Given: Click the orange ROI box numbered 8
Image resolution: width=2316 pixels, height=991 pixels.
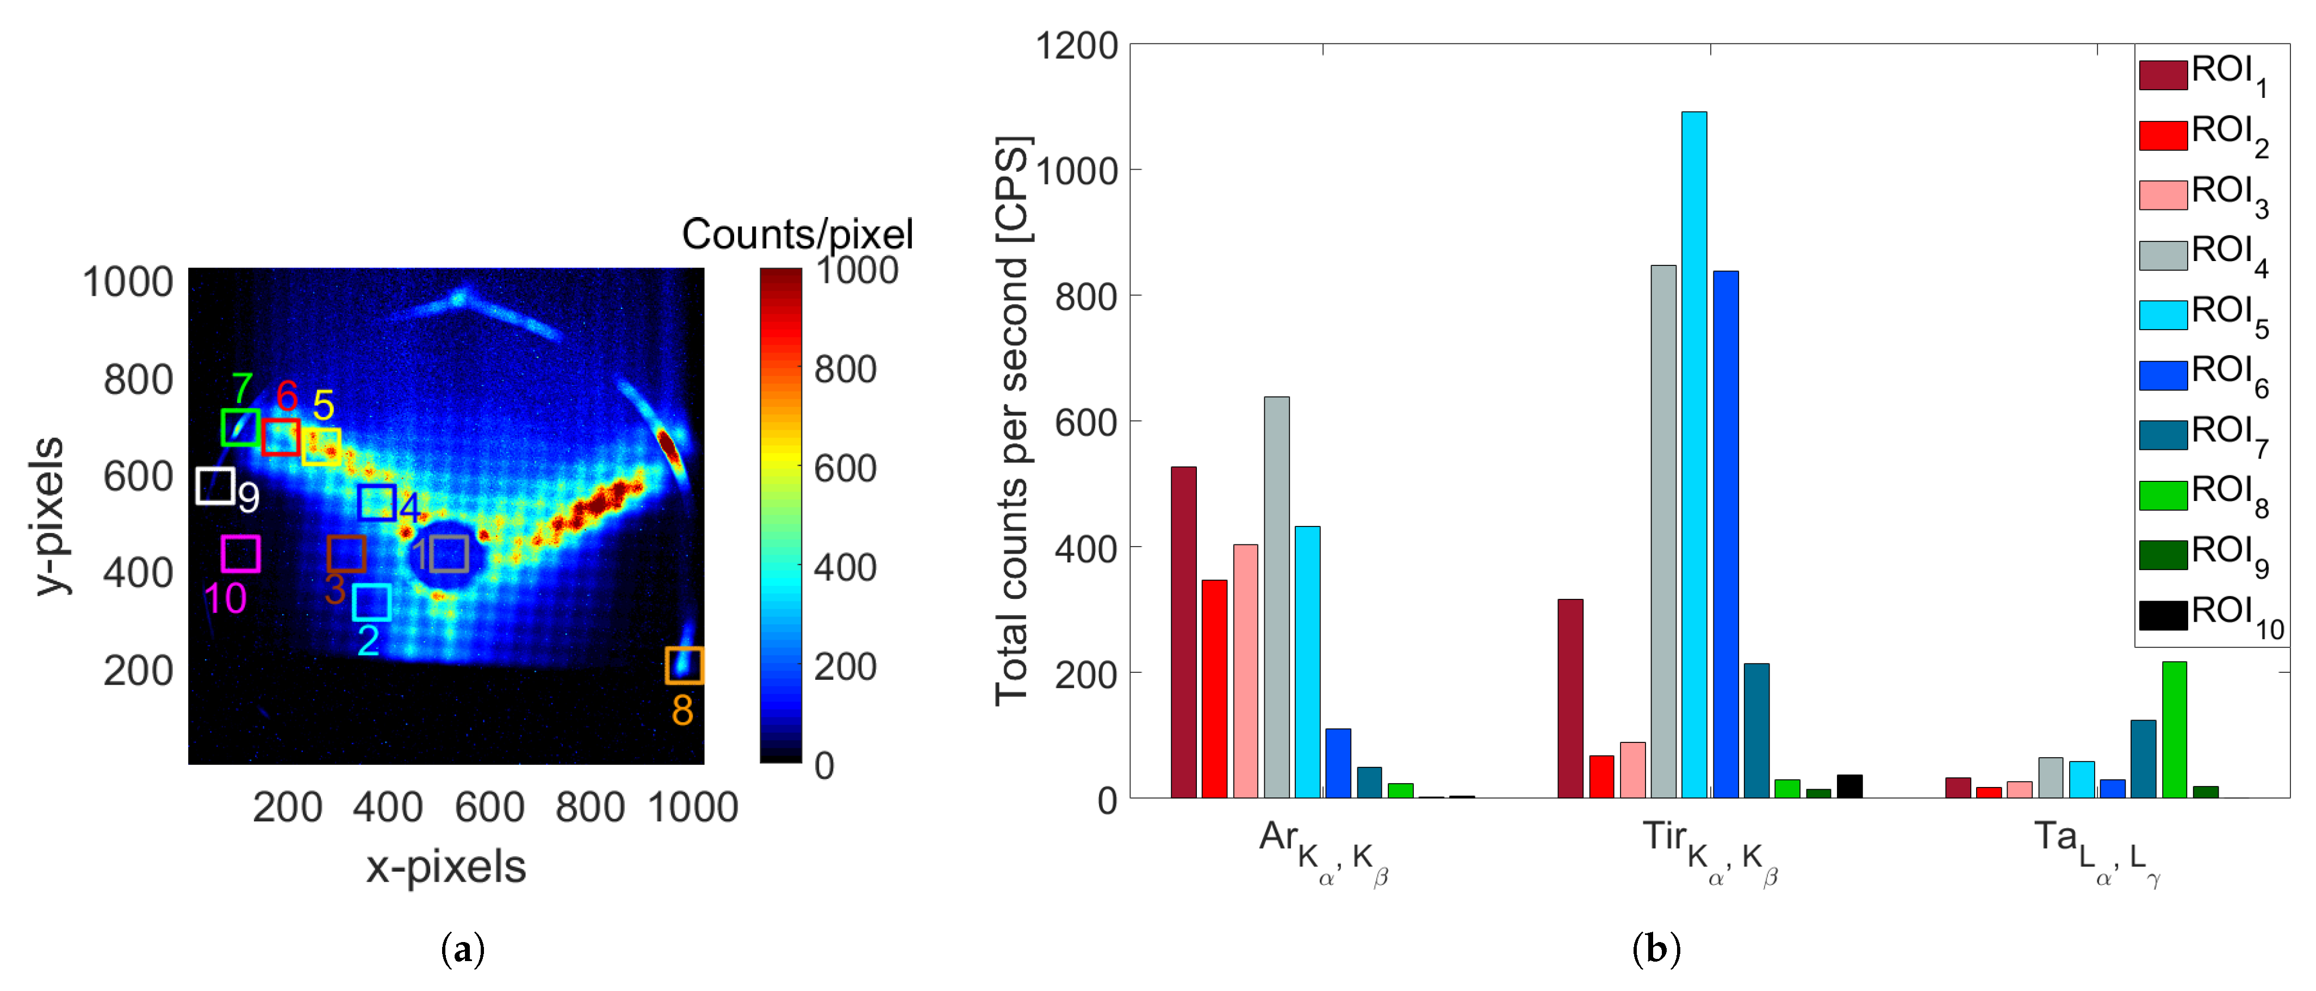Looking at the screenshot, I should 684,665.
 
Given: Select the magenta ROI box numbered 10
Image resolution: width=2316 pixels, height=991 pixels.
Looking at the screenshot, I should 241,554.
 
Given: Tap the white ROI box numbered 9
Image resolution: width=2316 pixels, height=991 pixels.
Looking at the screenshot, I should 216,486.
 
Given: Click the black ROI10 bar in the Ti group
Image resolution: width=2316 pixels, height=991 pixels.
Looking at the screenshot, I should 1849,786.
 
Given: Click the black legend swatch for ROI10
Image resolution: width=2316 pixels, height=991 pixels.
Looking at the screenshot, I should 2162,615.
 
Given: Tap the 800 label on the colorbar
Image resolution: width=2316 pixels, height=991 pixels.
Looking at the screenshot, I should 845,369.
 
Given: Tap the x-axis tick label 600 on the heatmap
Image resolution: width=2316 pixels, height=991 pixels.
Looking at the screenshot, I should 489,807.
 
